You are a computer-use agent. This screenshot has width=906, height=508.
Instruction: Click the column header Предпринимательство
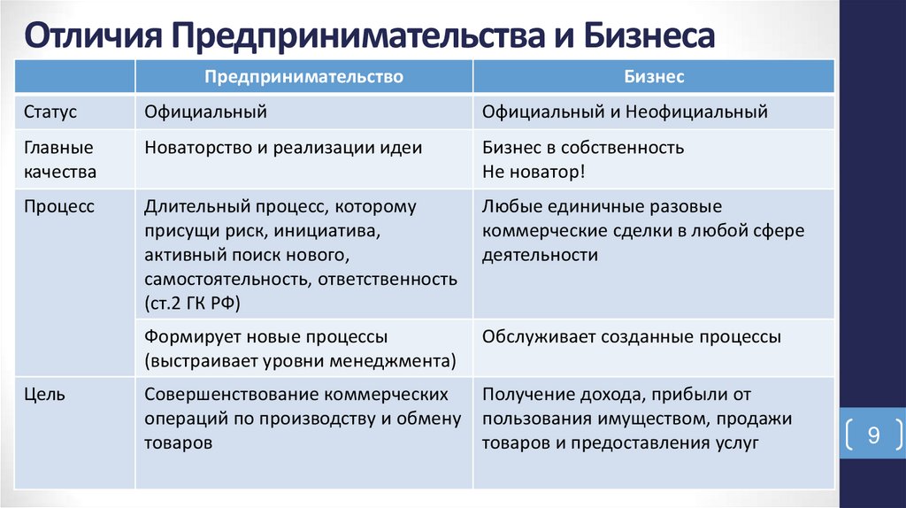[303, 77]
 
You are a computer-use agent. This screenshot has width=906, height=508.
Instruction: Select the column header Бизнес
[653, 77]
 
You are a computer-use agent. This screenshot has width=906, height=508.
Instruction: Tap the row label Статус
[50, 112]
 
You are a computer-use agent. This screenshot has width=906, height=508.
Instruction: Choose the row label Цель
[44, 394]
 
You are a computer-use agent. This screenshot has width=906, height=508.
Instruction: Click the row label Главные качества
[60, 160]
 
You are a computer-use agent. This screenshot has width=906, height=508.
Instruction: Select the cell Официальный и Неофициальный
[625, 112]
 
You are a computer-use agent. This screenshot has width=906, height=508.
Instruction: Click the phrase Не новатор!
[534, 171]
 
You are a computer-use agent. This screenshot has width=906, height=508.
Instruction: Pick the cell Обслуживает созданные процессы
[631, 337]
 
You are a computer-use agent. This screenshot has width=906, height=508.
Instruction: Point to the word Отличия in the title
[88, 37]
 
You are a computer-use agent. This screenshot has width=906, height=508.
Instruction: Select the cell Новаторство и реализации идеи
[282, 148]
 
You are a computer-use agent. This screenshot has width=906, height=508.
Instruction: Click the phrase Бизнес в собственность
[583, 148]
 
